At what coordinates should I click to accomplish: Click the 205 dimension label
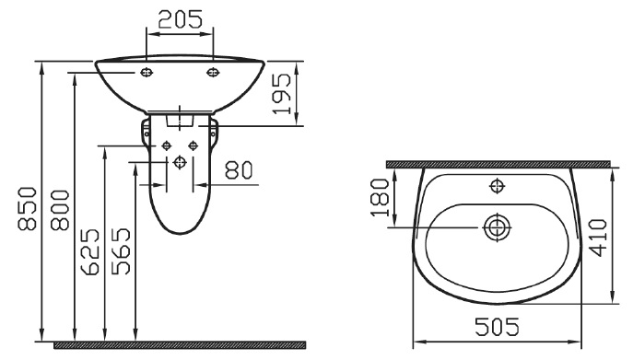(x=180, y=19)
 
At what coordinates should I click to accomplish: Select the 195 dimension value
(x=281, y=94)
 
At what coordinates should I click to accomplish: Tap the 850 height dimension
(x=28, y=208)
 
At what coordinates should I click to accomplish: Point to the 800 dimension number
(x=60, y=210)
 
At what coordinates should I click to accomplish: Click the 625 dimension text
(x=90, y=251)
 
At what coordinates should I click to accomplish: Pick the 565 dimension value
(x=121, y=251)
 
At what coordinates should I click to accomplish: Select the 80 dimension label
(x=239, y=170)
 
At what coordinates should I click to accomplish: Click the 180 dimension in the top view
(x=380, y=198)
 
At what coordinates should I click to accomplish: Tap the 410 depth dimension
(x=598, y=238)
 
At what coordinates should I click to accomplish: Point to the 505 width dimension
(x=497, y=327)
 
